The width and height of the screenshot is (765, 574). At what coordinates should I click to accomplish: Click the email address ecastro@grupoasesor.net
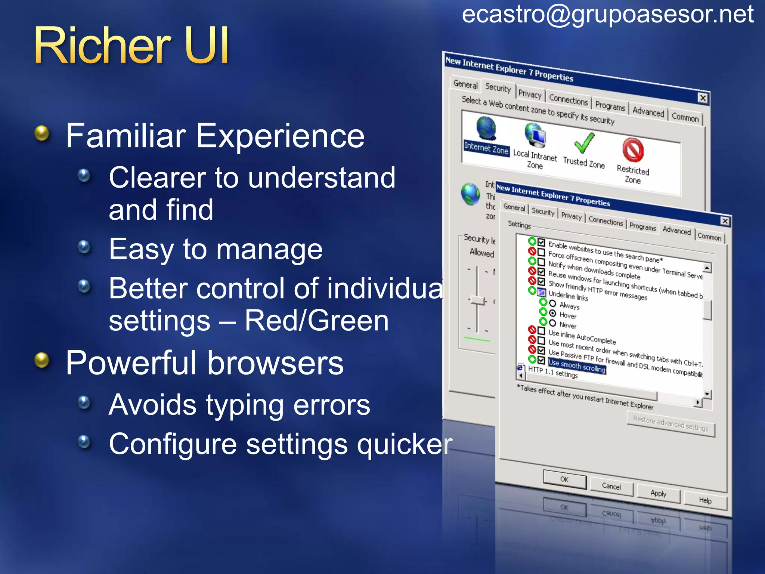[607, 15]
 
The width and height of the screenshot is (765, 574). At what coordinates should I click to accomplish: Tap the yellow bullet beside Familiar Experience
[42, 133]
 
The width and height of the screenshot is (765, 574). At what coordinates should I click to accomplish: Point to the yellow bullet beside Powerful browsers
[42, 360]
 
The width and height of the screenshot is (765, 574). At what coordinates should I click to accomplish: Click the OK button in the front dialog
[564, 479]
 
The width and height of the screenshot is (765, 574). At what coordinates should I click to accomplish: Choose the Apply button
[658, 493]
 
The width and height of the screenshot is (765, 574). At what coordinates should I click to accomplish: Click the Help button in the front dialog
[705, 500]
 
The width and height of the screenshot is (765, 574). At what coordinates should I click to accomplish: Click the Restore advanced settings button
[670, 424]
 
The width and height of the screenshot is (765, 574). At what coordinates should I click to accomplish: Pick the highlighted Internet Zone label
[486, 148]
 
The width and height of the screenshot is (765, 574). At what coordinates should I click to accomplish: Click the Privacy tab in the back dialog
[530, 94]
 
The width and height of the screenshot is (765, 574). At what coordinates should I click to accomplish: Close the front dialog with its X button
[725, 221]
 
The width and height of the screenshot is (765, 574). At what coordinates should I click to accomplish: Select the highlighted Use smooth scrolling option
[577, 366]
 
